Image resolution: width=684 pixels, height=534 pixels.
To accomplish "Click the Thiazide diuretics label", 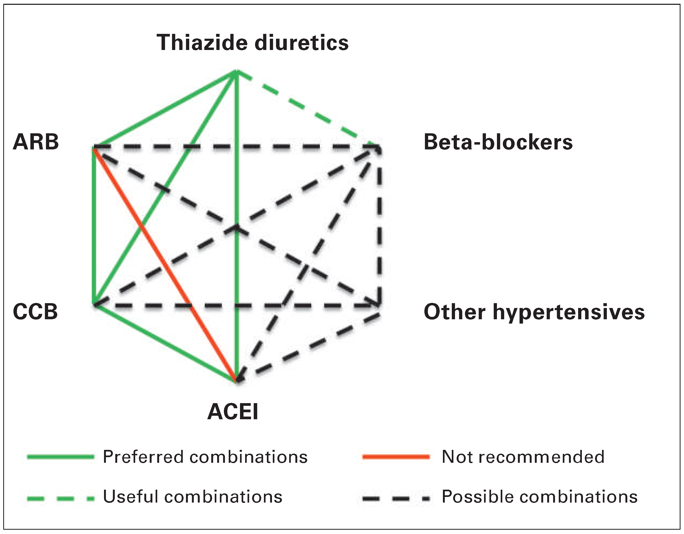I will (252, 42).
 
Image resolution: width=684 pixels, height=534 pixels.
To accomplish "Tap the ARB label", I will (36, 142).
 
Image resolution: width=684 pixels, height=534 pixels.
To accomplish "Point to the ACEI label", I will (233, 411).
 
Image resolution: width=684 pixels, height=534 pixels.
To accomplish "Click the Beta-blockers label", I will (498, 142).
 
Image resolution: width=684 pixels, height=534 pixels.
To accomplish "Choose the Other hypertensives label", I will (534, 312).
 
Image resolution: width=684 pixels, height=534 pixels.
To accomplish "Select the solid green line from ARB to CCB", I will (94, 225).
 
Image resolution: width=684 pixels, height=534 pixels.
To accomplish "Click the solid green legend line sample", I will (60, 457).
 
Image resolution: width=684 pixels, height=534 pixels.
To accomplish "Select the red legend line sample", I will (396, 457).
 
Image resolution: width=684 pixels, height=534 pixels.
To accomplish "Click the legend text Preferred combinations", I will (205, 457).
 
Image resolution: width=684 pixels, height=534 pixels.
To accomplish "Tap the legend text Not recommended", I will (523, 457).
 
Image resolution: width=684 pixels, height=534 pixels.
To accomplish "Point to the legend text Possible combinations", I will (539, 497).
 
